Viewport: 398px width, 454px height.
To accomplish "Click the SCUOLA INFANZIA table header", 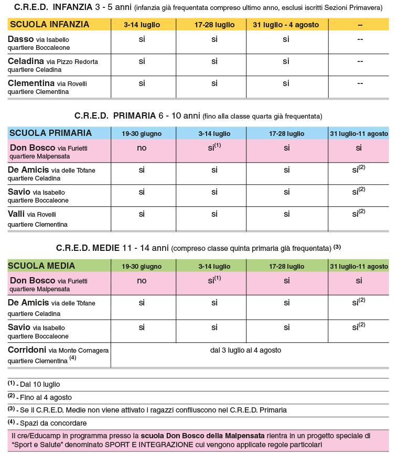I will click(x=50, y=25).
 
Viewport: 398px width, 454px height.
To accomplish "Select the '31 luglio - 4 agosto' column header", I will click(x=286, y=25).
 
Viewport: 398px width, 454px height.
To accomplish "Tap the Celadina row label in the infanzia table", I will click(x=52, y=65).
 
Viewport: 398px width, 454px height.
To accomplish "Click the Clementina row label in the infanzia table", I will click(x=47, y=87).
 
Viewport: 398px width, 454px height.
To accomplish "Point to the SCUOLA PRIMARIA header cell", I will click(x=51, y=133).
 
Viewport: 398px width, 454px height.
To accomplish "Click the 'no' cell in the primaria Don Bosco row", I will click(x=142, y=148).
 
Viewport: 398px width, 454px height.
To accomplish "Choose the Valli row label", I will click(x=38, y=218).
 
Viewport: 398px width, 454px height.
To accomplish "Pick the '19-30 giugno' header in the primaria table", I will click(x=142, y=134).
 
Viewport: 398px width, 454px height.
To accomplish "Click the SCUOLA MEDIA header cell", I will click(x=42, y=266).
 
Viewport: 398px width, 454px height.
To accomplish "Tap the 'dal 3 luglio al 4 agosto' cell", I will click(x=245, y=350).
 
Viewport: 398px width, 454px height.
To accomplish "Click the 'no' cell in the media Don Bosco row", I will click(x=142, y=281).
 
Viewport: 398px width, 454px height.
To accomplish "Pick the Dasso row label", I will click(x=38, y=43).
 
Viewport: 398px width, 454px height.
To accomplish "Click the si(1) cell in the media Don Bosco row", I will click(x=214, y=280).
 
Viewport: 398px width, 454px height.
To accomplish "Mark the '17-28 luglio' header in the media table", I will click(x=286, y=267).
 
